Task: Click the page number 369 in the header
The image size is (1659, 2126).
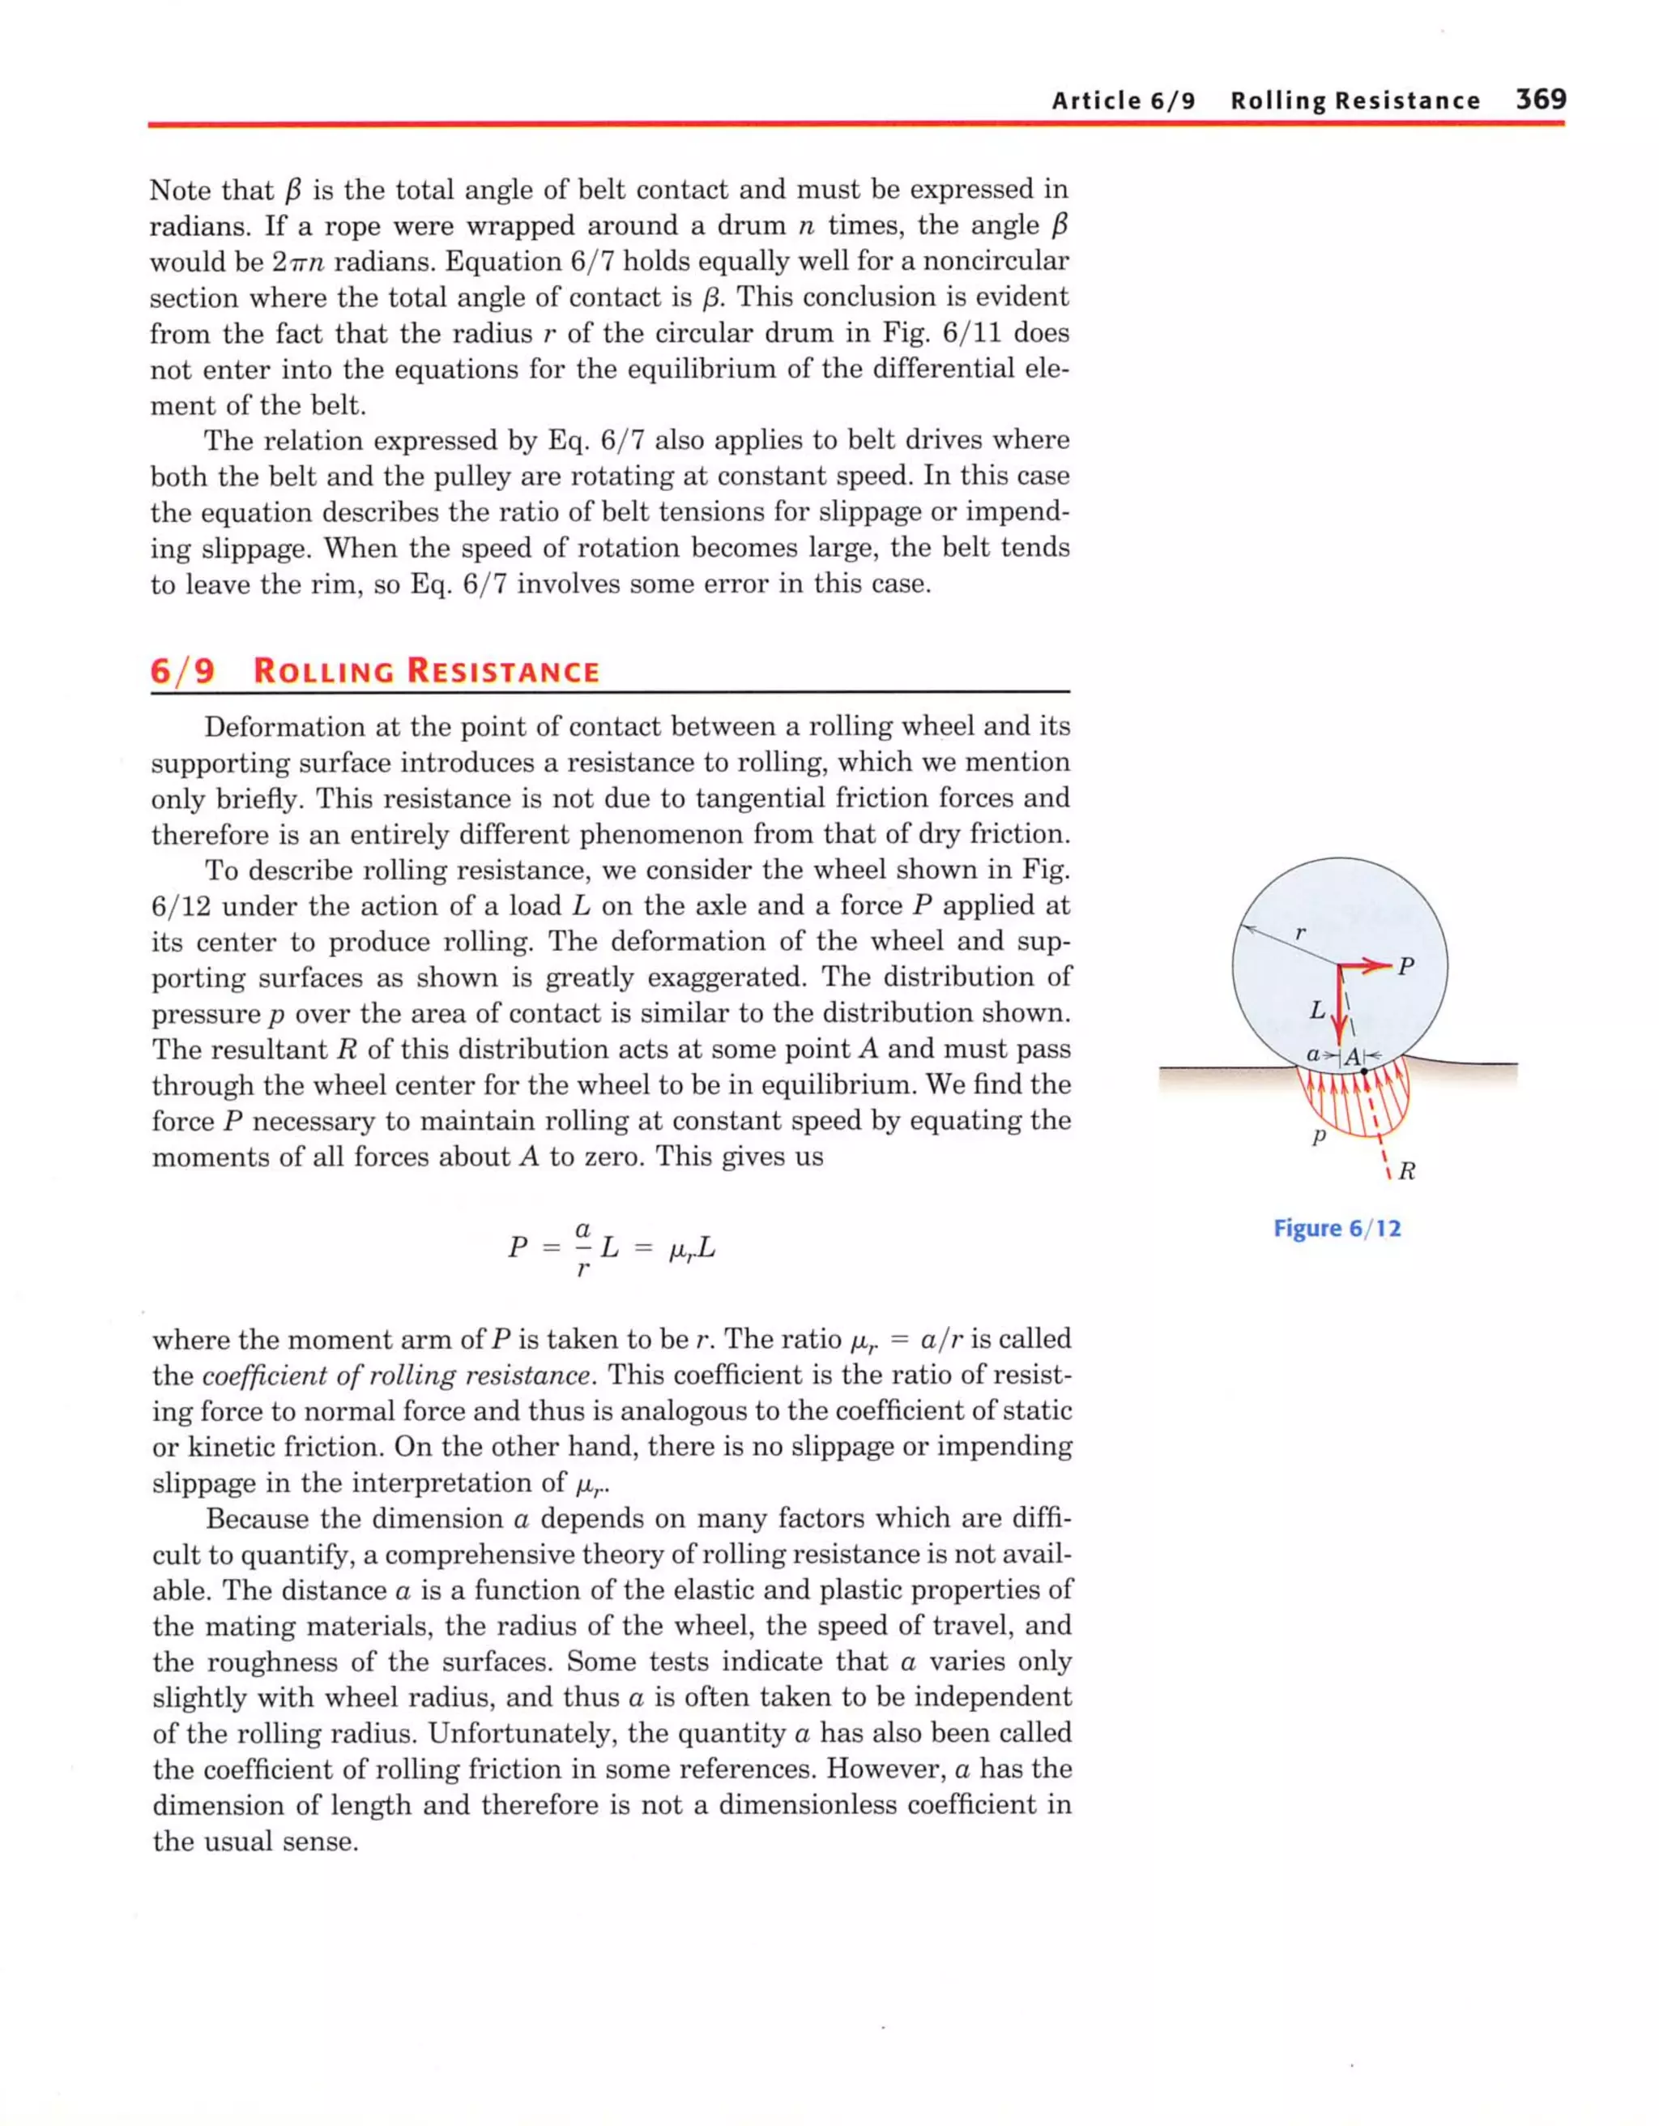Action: [x=1539, y=100]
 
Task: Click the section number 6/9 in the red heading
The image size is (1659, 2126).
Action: [x=182, y=672]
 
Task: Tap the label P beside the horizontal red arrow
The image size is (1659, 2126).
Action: [x=1406, y=967]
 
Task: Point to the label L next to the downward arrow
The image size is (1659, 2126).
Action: [x=1317, y=1011]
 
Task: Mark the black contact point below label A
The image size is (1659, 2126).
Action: [x=1364, y=1071]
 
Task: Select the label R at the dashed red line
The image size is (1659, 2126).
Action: [x=1407, y=1171]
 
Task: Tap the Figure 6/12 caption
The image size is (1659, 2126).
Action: [x=1337, y=1229]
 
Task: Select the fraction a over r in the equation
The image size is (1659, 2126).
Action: [x=582, y=1248]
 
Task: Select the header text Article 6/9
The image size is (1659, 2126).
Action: [x=1123, y=101]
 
